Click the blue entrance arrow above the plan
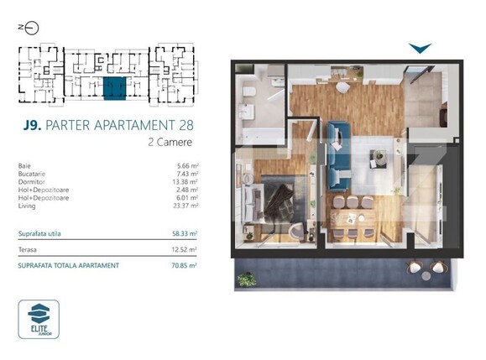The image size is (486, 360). click(x=420, y=49)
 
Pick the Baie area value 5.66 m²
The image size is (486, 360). click(x=185, y=166)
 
